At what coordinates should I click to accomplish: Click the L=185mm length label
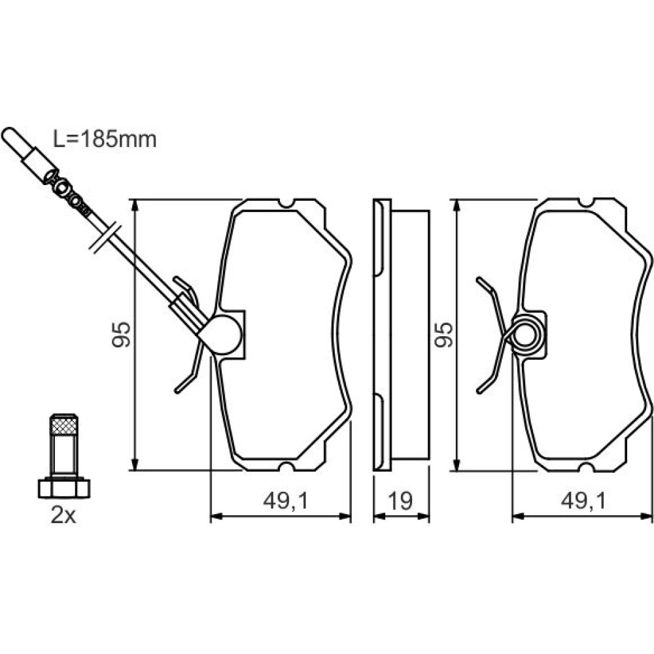point(105,139)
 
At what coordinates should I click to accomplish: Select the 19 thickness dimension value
point(400,500)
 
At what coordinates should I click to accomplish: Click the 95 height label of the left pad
point(122,334)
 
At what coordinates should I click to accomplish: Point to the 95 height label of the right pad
point(443,334)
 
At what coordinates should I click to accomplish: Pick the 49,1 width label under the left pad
point(285,501)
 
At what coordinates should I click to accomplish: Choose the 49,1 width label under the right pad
point(583,501)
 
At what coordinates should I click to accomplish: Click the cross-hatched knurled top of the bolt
point(63,426)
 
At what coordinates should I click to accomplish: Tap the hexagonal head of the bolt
point(64,489)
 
